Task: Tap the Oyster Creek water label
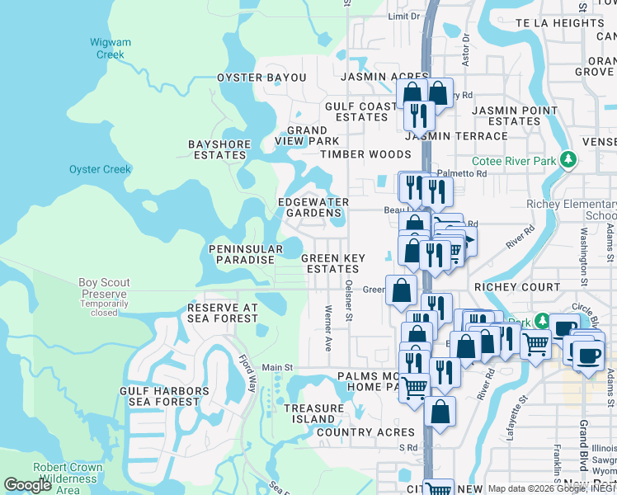coord(100,170)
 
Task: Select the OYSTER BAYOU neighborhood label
coord(261,78)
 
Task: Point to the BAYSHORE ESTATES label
coord(219,149)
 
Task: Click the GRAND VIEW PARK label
coord(307,136)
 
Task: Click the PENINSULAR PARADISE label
coord(241,254)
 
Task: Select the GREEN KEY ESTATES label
coord(332,263)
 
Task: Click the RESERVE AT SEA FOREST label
coord(222,313)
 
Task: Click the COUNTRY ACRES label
coord(365,432)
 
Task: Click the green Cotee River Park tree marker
coord(568,160)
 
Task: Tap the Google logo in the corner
coord(28,485)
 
